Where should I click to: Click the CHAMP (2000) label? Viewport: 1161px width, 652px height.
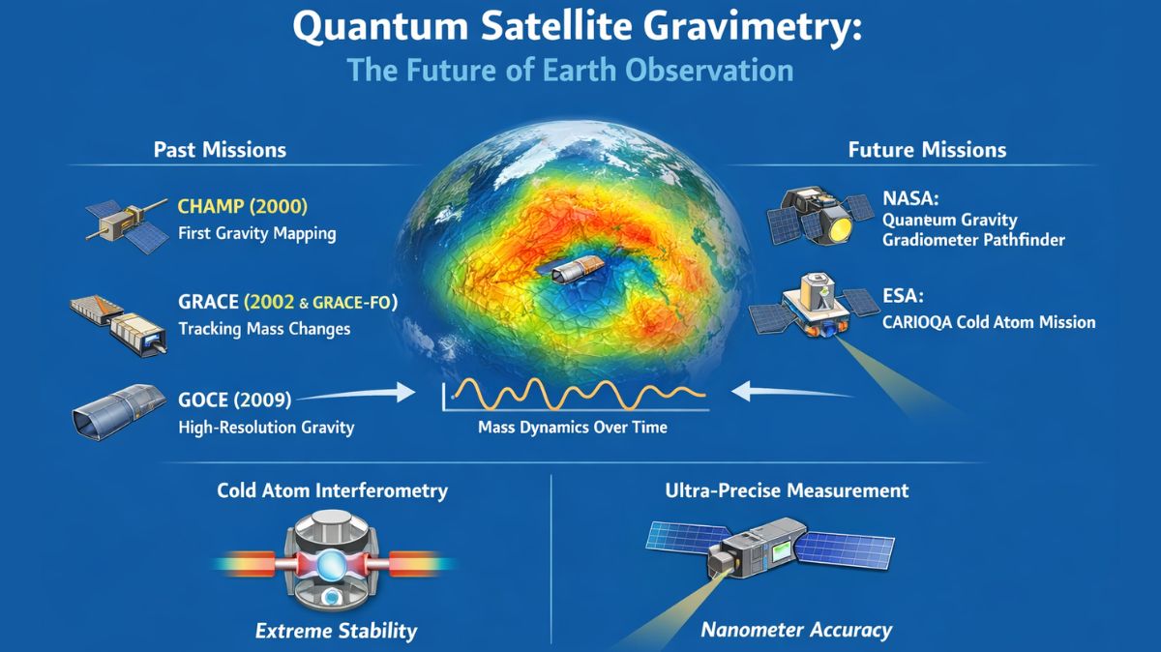tap(242, 206)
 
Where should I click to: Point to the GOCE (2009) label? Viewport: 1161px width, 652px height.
tap(235, 399)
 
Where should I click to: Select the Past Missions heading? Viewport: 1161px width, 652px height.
tap(220, 150)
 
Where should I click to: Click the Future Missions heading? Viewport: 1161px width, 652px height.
tap(927, 150)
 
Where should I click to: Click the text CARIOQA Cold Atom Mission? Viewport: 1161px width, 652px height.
tap(989, 321)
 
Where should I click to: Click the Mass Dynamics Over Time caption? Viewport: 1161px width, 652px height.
tap(573, 427)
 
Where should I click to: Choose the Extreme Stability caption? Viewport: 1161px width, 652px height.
tap(336, 632)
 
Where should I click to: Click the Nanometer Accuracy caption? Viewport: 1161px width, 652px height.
tap(795, 631)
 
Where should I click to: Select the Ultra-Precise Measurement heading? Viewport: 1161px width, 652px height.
tap(787, 490)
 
